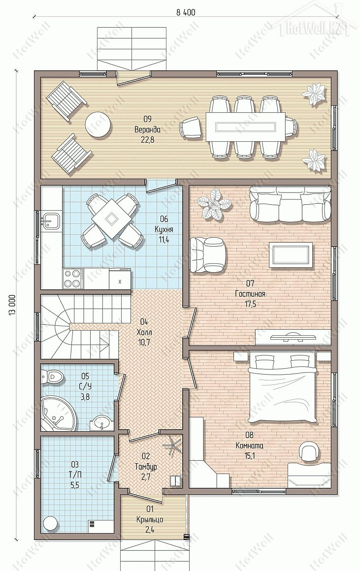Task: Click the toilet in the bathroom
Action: pos(52,376)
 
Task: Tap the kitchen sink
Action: pos(50,221)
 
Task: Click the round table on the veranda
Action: pos(98,124)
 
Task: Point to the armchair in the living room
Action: pos(207,254)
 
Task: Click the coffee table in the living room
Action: pos(291,254)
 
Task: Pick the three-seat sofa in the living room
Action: pos(290,204)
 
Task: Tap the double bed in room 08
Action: pos(282,388)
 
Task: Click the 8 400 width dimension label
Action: pos(186,12)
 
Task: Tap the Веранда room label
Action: pos(147,129)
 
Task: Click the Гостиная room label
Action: pos(250,293)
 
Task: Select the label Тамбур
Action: pos(146,467)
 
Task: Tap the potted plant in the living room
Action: pos(212,205)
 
